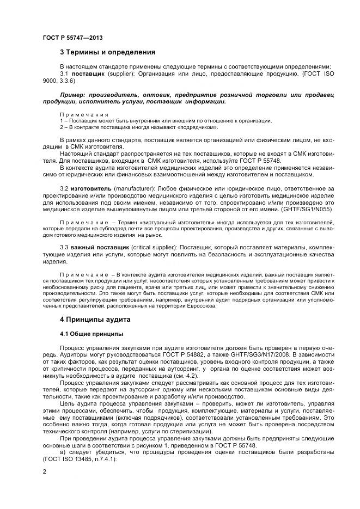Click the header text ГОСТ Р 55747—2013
(72, 38)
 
